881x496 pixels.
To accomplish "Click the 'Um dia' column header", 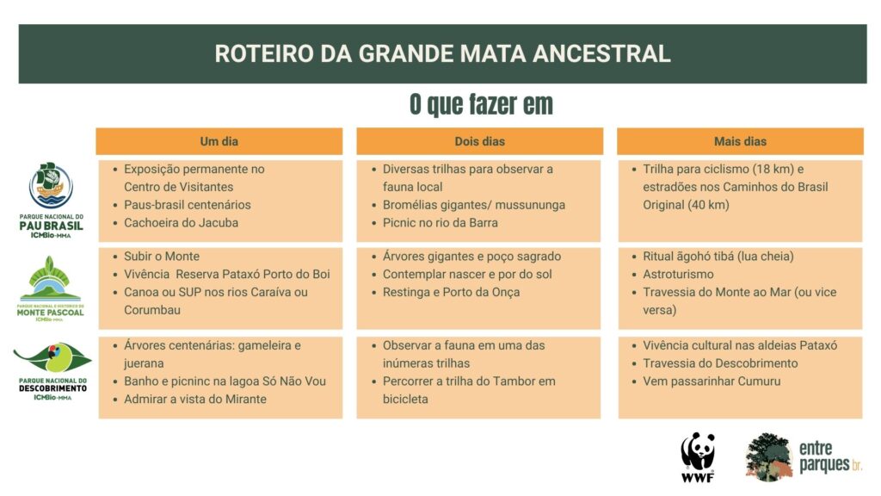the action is tap(219, 141).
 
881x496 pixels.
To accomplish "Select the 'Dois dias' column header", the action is tap(480, 141).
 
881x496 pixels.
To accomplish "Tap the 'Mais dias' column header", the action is tap(740, 141).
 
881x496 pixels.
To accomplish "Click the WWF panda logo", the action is tap(698, 456).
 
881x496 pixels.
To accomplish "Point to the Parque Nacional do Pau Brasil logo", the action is tap(51, 200).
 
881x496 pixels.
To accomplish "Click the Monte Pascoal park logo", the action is tap(51, 288).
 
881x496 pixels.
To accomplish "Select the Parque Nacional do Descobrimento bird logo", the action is tap(52, 371).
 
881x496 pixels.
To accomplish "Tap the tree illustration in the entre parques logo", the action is tap(769, 456).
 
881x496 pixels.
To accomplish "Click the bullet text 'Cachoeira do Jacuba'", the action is tap(181, 223).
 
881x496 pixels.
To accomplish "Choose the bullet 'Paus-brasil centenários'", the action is tap(187, 205).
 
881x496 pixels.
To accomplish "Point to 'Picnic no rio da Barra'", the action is tap(440, 223).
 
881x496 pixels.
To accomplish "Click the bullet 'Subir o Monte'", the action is tap(162, 257).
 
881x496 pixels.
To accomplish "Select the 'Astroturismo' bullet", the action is tap(678, 275).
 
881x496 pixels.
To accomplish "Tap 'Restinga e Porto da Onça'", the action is tap(451, 293).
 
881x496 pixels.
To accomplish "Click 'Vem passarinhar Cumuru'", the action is tap(712, 381).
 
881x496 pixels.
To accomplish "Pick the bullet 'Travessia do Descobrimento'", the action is tap(720, 363).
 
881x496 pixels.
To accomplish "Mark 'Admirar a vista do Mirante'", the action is tap(195, 400).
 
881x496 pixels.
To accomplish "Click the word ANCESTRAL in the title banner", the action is tap(601, 54).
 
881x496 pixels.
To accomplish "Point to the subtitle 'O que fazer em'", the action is tap(481, 104).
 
